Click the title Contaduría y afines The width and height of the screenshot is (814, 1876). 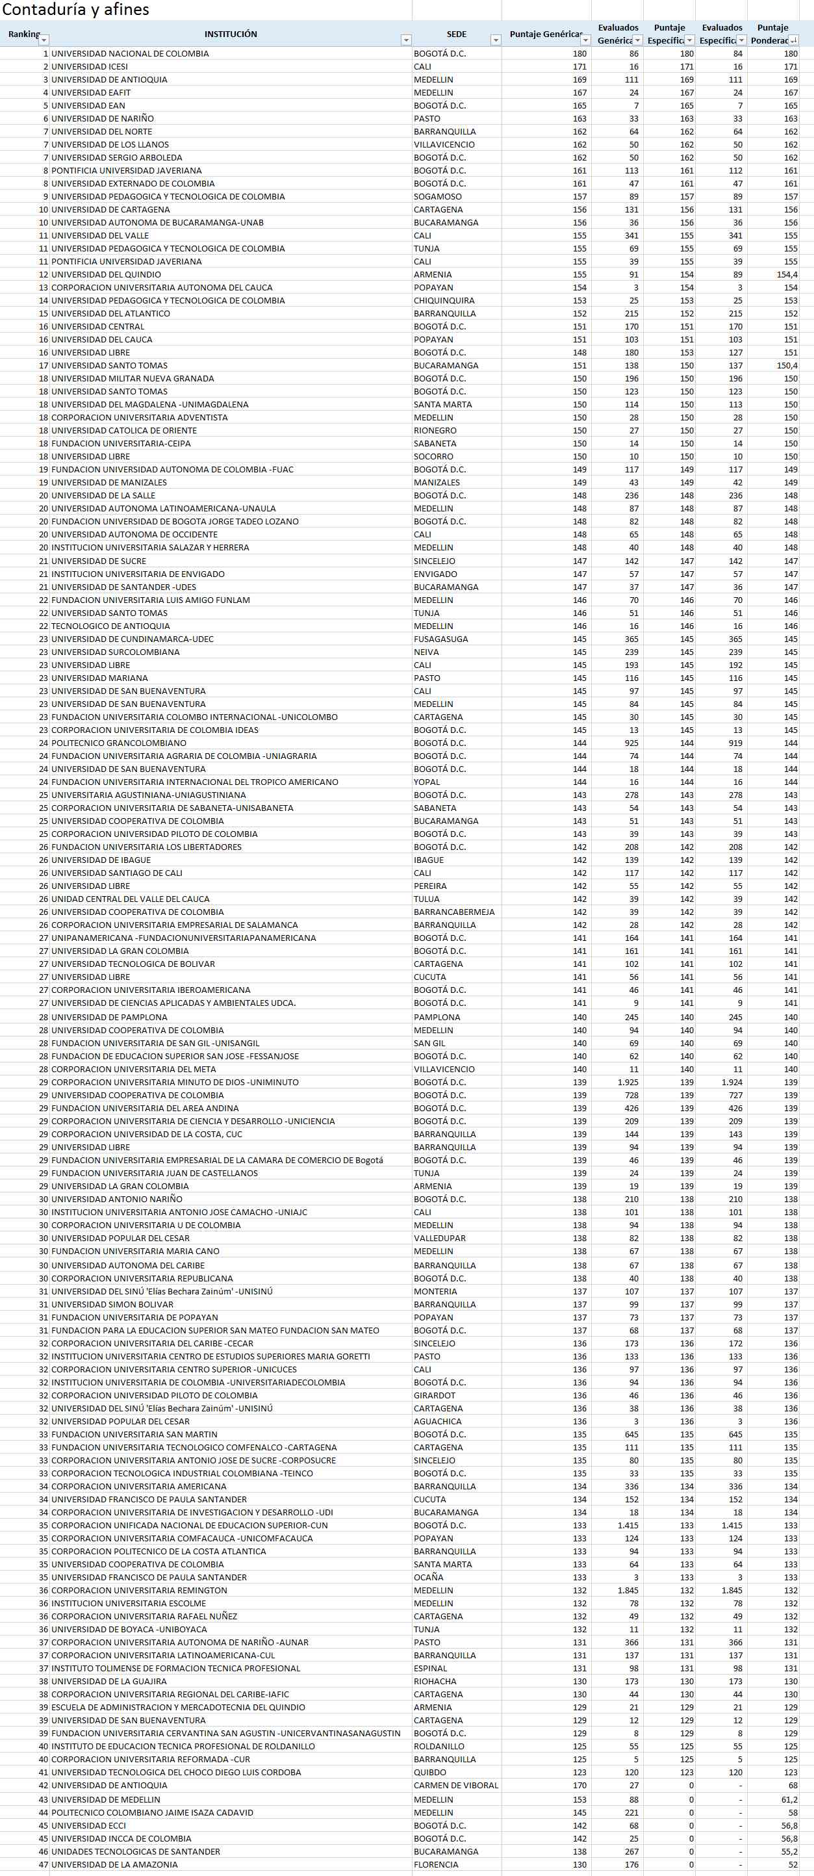[x=76, y=10]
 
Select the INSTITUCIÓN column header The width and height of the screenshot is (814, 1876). [x=230, y=34]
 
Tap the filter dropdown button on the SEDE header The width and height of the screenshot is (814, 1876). [x=495, y=41]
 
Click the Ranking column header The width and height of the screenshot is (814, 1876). [x=24, y=34]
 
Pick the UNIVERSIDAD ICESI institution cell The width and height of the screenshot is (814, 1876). [x=90, y=66]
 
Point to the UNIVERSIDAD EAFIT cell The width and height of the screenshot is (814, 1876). [x=91, y=92]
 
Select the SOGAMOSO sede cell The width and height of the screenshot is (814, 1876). [x=438, y=197]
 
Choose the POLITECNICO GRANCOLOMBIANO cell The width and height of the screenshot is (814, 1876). [x=119, y=743]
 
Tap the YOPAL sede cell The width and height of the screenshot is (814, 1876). [x=427, y=782]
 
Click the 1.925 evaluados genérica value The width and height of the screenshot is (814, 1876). [x=628, y=1082]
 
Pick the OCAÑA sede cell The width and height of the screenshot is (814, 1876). [x=428, y=1578]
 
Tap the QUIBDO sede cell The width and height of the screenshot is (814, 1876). [x=429, y=1773]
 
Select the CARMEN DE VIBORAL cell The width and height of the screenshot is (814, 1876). [x=456, y=1786]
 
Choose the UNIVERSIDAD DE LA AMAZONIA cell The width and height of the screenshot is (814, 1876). [x=114, y=1864]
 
